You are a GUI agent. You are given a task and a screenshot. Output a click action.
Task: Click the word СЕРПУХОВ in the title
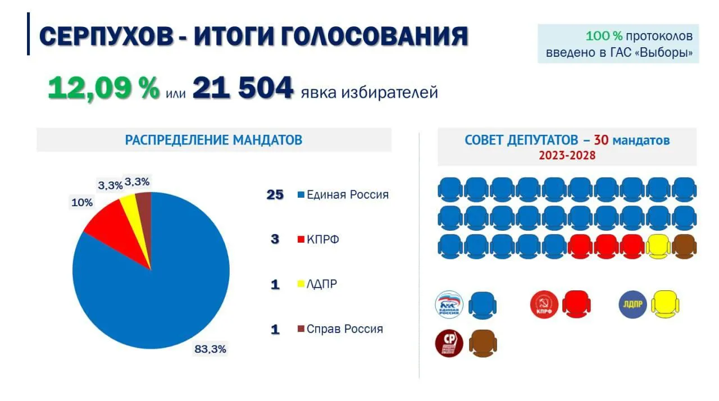click(x=106, y=37)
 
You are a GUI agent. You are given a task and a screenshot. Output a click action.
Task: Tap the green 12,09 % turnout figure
click(x=103, y=89)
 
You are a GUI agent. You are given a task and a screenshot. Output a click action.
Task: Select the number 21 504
click(x=243, y=89)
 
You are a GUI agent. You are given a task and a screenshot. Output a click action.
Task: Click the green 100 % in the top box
click(x=604, y=36)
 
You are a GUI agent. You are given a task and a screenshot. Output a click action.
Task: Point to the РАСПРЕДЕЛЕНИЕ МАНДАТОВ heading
click(x=213, y=140)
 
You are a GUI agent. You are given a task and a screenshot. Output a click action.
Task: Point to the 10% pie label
click(x=81, y=202)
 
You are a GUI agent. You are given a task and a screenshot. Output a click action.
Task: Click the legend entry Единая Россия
click(x=347, y=195)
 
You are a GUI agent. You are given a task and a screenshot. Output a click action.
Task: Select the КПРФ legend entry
click(x=322, y=240)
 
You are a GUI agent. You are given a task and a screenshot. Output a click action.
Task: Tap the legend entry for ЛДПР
click(x=321, y=284)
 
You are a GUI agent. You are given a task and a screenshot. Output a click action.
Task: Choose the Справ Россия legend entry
click(x=344, y=329)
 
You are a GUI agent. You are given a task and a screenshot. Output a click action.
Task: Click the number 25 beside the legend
click(x=275, y=195)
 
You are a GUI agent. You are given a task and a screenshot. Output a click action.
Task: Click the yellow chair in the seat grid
click(x=658, y=247)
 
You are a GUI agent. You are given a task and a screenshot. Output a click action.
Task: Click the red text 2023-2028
click(x=567, y=156)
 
